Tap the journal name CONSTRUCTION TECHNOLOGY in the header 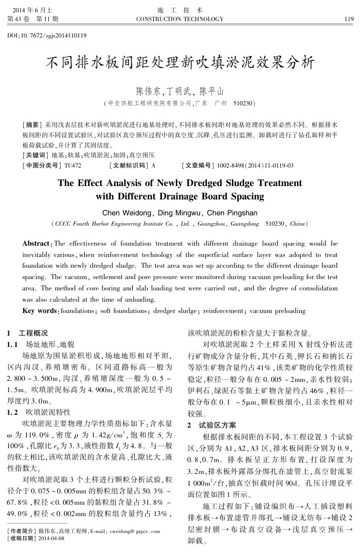pos(179,19)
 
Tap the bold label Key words pos(39,311)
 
